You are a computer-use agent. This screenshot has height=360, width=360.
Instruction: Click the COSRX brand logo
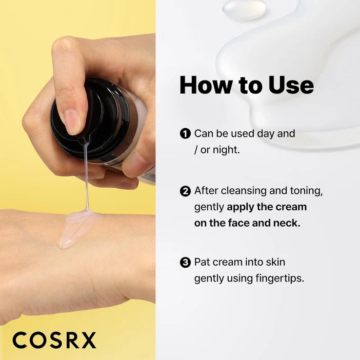pos(54,340)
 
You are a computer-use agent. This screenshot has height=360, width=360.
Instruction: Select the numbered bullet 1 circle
pos(185,134)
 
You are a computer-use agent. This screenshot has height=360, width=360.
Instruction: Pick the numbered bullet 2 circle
pos(185,191)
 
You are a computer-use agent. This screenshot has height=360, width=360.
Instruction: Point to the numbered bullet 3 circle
pos(185,263)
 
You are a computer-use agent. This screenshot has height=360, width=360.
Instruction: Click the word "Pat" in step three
pos(202,262)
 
